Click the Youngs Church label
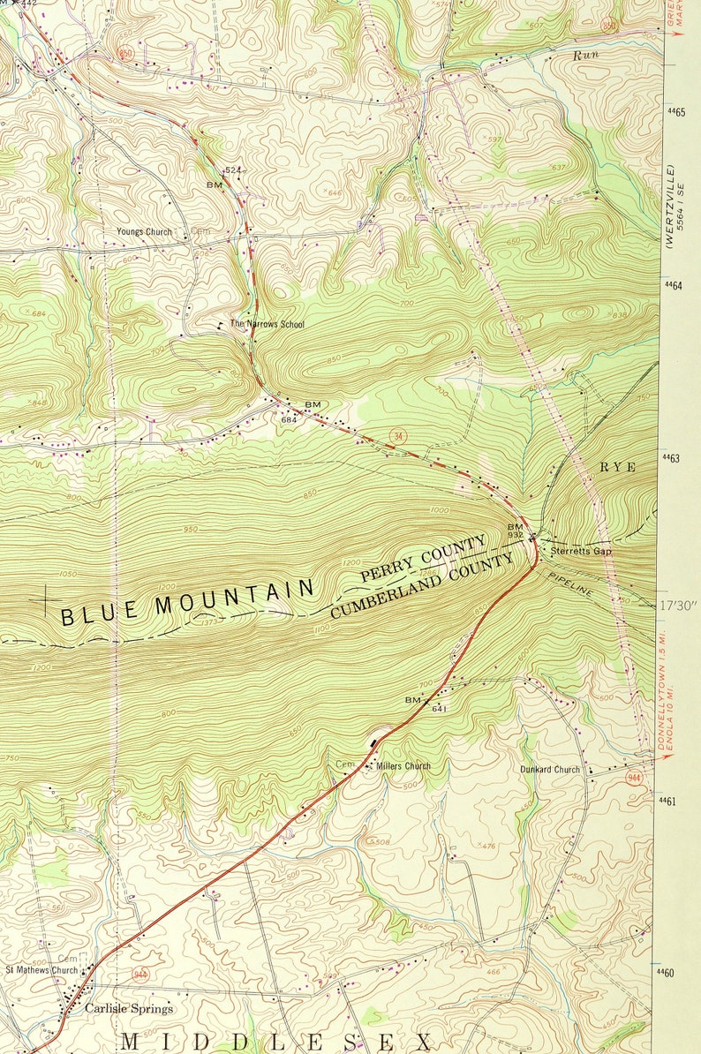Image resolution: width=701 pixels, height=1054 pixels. click(x=144, y=232)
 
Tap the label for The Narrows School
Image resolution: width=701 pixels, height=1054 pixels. click(x=267, y=324)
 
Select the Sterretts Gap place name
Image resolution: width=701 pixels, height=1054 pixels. click(x=580, y=552)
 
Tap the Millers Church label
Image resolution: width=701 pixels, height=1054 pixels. click(x=403, y=765)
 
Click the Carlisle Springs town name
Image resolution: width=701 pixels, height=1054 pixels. click(x=129, y=1008)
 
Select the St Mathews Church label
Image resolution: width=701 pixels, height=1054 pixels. click(x=41, y=970)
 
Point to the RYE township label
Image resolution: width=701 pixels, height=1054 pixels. click(x=618, y=467)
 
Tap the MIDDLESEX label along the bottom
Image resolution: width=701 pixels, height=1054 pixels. click(x=276, y=1042)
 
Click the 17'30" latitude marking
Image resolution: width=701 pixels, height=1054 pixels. click(x=678, y=606)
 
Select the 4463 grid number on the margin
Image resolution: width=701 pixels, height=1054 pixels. click(x=673, y=457)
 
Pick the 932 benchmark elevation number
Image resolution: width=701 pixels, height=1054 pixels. click(x=516, y=535)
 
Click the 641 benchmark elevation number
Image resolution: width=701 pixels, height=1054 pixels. click(x=437, y=709)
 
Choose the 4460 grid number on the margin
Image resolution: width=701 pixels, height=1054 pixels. click(x=673, y=972)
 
